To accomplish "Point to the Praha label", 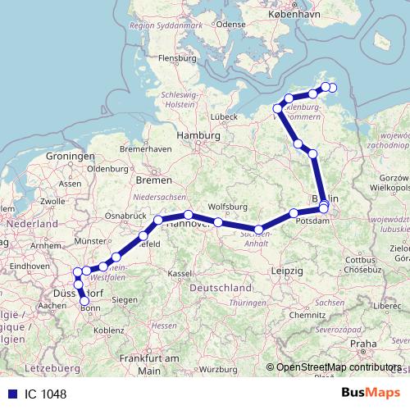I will click(362, 344).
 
